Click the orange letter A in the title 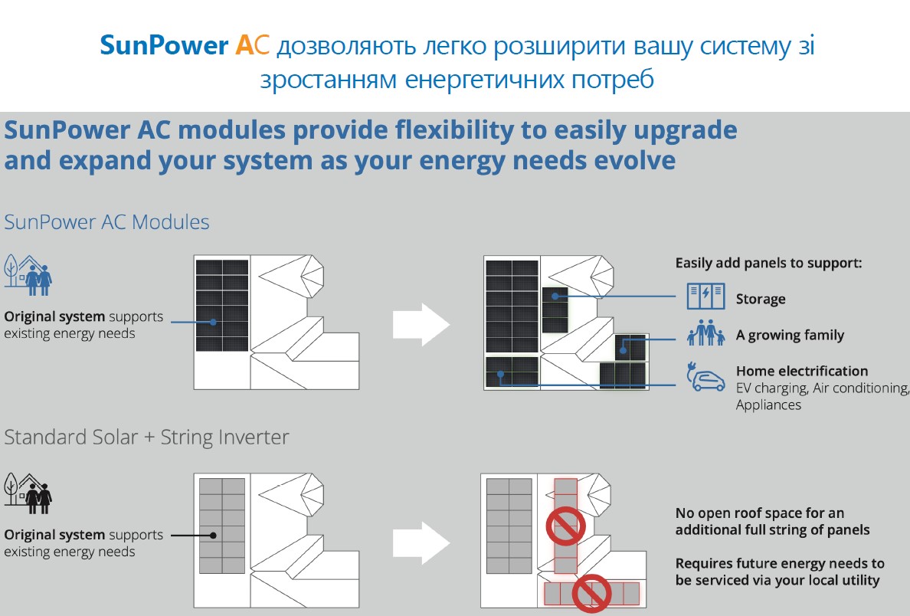point(244,47)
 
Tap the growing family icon point(705,333)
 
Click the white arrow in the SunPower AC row point(421,325)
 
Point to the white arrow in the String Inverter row point(421,543)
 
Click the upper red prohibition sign point(565,527)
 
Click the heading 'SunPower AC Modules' point(107,222)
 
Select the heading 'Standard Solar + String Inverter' point(147,437)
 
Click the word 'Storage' point(761,299)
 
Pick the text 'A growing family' point(790,335)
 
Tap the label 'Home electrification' point(802,372)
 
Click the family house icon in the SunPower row point(28,274)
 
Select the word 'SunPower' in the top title point(164,47)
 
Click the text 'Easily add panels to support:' point(768,263)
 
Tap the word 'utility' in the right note point(857,580)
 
